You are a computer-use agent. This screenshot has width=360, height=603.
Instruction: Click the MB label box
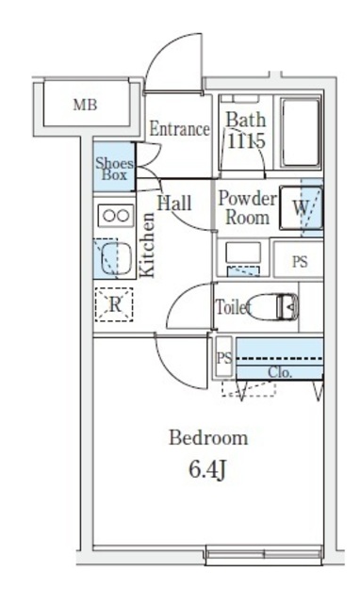pos(85,106)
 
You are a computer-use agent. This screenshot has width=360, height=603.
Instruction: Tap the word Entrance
pos(179,129)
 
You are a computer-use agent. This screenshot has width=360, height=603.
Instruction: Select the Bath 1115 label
pos(247,130)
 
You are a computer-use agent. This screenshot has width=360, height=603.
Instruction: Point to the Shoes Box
pos(114,169)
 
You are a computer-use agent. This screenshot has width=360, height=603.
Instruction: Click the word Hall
pos(174,203)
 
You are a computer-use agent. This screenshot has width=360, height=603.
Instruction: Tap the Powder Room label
pos(247,208)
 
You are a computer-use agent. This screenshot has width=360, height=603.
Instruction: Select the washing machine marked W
pos(303,207)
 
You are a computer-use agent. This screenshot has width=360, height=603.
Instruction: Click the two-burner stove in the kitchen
pos(115,215)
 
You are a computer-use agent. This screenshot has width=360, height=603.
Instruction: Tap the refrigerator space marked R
pos(114,304)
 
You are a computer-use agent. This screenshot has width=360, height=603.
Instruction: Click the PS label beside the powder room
pos(300,262)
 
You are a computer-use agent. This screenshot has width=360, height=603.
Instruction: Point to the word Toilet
pos(232,307)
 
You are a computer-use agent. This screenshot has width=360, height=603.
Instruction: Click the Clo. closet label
pos(279,371)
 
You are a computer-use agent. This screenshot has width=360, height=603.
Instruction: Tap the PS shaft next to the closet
pos(224,358)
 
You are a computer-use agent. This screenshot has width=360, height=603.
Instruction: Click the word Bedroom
pos(208,438)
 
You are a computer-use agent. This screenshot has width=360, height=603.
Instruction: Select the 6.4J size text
pos(208,469)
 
